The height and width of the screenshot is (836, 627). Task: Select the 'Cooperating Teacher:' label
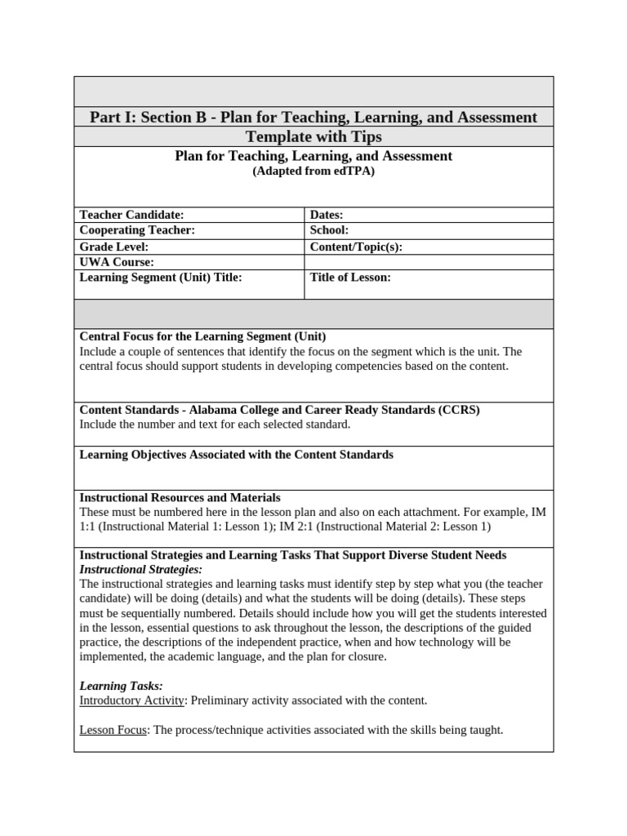click(x=137, y=230)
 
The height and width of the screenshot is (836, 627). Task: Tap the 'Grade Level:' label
click(x=113, y=247)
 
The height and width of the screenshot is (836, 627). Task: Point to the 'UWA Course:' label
click(x=117, y=262)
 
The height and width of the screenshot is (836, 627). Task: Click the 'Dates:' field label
click(x=327, y=215)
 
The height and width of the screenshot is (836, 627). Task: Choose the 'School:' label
click(x=329, y=230)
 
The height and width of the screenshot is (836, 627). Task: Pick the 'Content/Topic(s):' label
click(x=356, y=247)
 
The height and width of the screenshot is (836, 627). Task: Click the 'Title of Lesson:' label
click(x=350, y=278)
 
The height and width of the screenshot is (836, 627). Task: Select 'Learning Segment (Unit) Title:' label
click(x=161, y=278)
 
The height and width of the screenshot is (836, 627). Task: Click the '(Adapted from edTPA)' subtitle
click(x=313, y=171)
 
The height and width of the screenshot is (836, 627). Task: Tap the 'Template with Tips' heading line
click(x=313, y=136)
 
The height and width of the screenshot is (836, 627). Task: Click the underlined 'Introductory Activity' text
click(x=131, y=700)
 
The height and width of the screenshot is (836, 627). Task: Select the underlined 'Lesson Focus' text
click(x=113, y=730)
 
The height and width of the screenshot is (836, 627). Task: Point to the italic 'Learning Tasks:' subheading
click(x=121, y=686)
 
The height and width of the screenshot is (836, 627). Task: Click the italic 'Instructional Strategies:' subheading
click(x=140, y=569)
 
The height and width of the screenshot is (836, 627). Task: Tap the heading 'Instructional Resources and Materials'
click(x=180, y=497)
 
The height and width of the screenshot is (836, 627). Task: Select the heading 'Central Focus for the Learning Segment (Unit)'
click(x=202, y=336)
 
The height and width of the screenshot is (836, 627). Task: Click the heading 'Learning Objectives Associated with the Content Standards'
click(x=236, y=454)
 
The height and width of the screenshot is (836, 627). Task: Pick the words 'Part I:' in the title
click(x=112, y=118)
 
